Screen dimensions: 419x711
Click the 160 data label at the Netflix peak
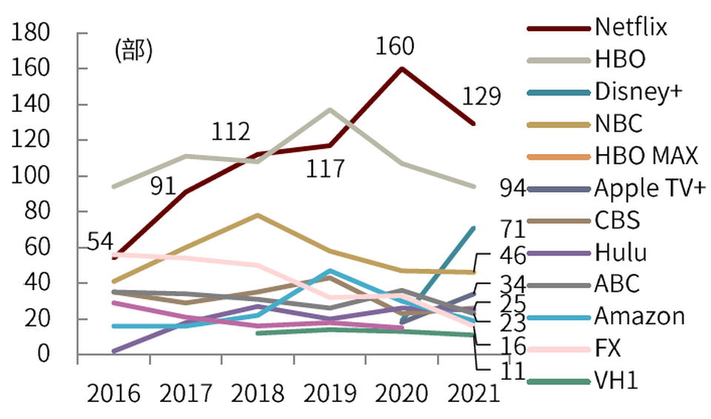point(394,47)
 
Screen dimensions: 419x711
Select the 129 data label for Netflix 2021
point(481,97)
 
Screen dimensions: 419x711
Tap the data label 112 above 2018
point(230,133)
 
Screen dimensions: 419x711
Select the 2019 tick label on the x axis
point(330,392)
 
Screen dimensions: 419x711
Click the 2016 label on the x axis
point(113,392)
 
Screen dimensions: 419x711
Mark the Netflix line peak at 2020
point(401,69)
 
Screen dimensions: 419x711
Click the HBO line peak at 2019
point(329,110)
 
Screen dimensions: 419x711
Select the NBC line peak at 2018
point(257,215)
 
